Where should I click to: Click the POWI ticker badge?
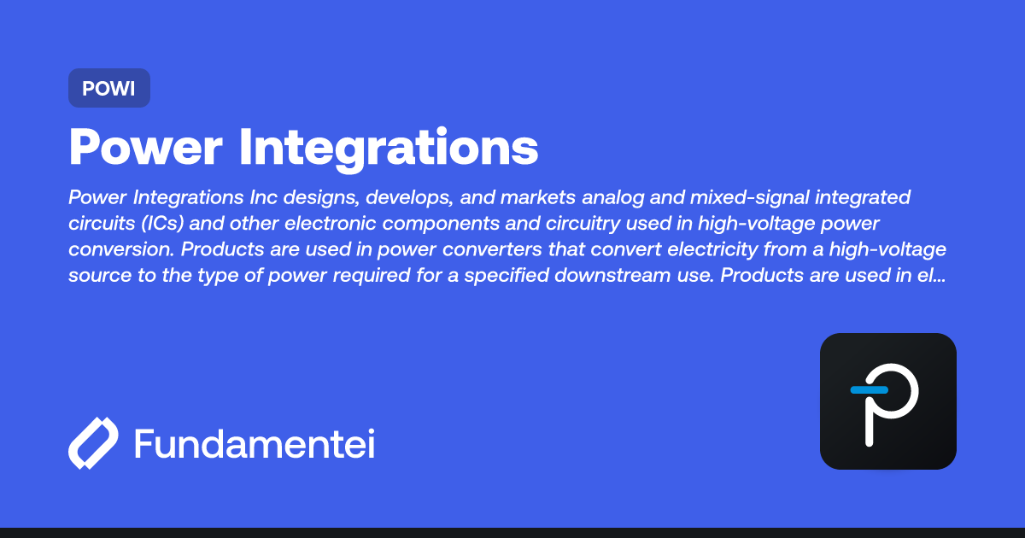[108, 88]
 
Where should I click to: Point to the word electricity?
[637, 250]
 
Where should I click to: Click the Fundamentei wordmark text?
[255, 444]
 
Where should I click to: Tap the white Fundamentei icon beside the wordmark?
[93, 443]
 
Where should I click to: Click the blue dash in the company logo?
[869, 390]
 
